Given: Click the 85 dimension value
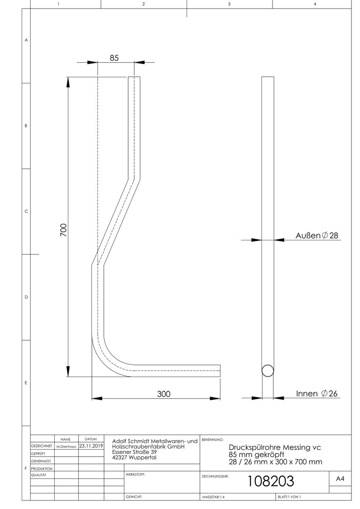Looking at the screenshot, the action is [x=114, y=58].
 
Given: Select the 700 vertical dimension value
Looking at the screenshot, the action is [x=64, y=230].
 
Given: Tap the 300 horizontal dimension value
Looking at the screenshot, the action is [x=164, y=394].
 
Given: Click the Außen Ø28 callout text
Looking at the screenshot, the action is [x=317, y=235].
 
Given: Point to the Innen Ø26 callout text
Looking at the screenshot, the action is [x=317, y=394].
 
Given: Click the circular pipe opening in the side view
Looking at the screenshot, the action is [x=268, y=370].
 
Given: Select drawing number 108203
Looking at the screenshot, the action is [x=271, y=481].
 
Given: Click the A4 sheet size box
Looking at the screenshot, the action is [x=340, y=478].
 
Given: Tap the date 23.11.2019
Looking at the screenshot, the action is [x=91, y=446].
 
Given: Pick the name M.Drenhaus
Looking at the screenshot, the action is [x=66, y=446].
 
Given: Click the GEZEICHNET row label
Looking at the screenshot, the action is [x=41, y=446].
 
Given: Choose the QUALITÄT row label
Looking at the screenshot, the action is [x=39, y=475].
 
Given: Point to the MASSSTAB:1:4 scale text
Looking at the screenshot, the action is [x=213, y=497].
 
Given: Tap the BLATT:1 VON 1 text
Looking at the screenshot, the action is [x=289, y=497].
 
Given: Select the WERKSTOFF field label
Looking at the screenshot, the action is [x=135, y=475].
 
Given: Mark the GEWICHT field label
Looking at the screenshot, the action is [x=134, y=497].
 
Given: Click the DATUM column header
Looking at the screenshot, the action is [x=91, y=439].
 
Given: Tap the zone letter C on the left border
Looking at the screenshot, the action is [x=26, y=211].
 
